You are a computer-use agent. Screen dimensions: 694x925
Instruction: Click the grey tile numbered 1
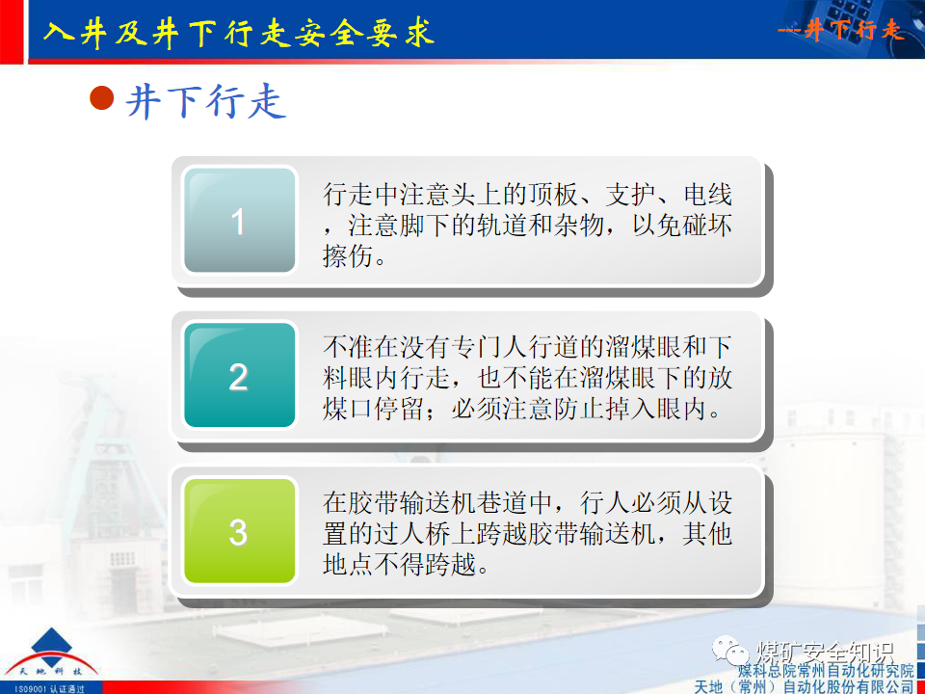click(239, 222)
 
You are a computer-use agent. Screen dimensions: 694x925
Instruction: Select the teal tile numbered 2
click(239, 376)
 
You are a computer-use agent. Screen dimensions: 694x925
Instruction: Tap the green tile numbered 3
click(239, 531)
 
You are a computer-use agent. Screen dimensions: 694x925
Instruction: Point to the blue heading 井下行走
click(206, 101)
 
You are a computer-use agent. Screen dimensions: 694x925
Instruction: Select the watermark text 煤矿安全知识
click(826, 648)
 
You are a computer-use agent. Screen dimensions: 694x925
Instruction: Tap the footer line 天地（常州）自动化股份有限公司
click(804, 685)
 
